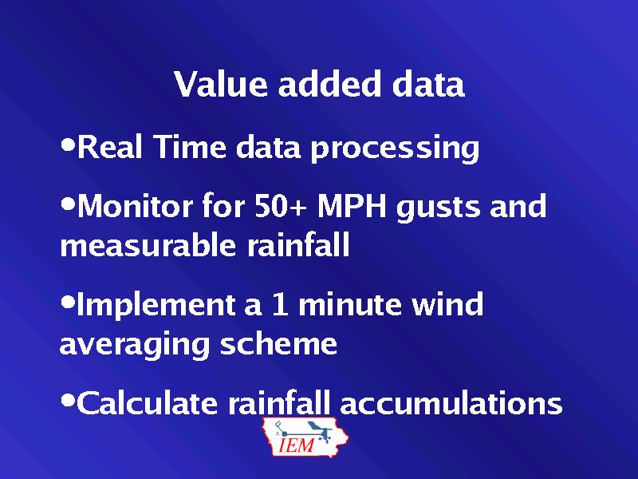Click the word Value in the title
pos(221,84)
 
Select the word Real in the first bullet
pos(110,147)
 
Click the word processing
pos(395,148)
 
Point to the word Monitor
pos(134,206)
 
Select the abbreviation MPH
pos(352,206)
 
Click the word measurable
pos(148,245)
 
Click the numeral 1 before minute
pos(280,304)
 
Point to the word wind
pos(447,303)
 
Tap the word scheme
pos(278,343)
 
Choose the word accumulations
pos(451,403)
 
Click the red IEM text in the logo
pos(297,445)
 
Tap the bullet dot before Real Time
pos(68,144)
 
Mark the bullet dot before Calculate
pos(68,401)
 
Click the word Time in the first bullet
pos(190,147)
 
